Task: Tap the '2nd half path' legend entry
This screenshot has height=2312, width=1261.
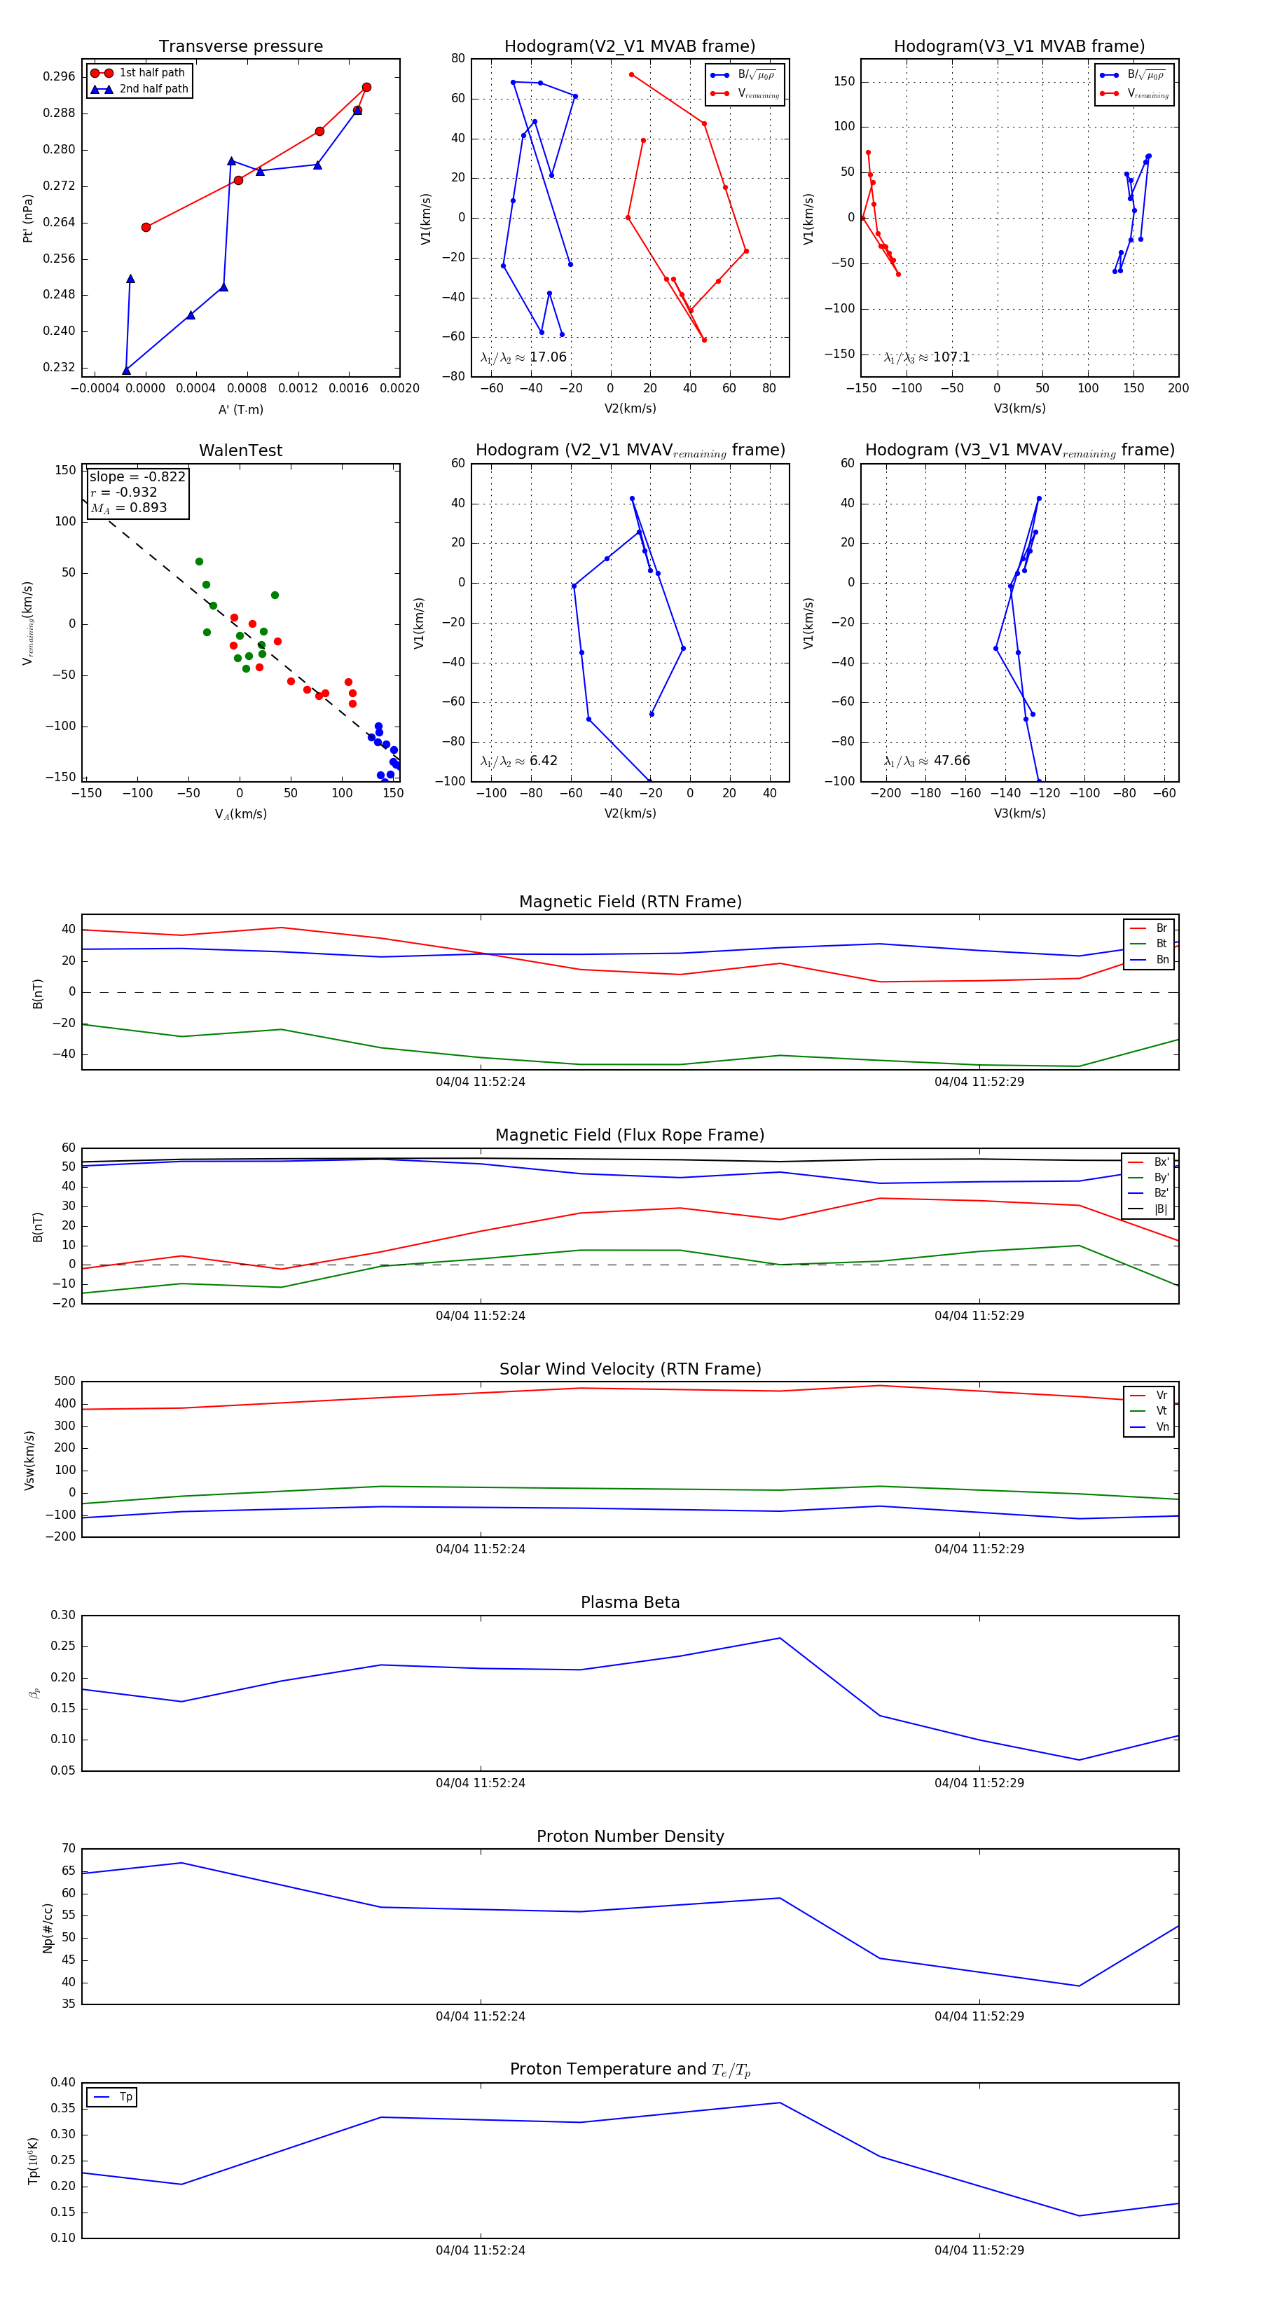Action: (153, 89)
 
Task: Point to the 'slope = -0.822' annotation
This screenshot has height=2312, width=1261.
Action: (137, 476)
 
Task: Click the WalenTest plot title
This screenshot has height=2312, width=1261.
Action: (240, 450)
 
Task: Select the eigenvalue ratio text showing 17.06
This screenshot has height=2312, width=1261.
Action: (523, 357)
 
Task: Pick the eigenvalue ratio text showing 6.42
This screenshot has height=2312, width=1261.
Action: (518, 761)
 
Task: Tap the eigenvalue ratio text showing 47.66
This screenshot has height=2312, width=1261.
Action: (927, 761)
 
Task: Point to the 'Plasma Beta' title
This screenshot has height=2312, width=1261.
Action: (630, 1603)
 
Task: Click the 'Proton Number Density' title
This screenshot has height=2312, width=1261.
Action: (630, 1836)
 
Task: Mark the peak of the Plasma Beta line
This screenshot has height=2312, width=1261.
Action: (780, 1639)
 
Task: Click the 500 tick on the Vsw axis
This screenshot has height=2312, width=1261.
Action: (64, 1382)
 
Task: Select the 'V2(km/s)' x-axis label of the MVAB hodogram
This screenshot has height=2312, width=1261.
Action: (630, 408)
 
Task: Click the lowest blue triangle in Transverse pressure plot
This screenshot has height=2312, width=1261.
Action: (127, 370)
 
